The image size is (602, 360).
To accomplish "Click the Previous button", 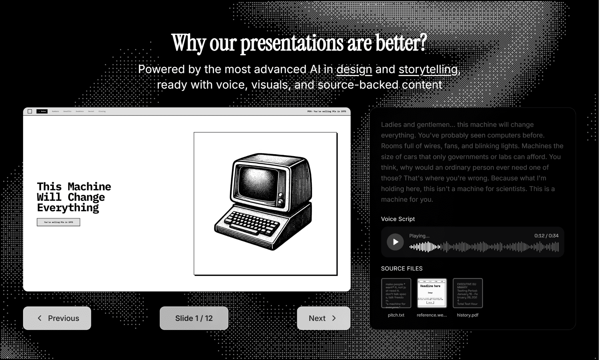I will [57, 318].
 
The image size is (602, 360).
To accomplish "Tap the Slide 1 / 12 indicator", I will [194, 318].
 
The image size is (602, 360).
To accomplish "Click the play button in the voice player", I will [395, 242].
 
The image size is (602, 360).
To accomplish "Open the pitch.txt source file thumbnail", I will [396, 293].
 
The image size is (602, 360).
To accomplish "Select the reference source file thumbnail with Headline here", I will [432, 293].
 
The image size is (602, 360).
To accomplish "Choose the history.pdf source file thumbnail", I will [467, 293].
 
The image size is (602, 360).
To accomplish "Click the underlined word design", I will [354, 69].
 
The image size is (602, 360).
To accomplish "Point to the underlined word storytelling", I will [428, 69].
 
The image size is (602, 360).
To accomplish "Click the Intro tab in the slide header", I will [42, 111].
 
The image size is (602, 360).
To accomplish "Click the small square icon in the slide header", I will [30, 111].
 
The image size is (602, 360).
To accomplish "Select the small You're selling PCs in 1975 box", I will [58, 222].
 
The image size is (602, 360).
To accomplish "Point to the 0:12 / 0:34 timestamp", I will [546, 236].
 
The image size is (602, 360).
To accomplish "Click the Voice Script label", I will [398, 219].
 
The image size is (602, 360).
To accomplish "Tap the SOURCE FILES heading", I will [402, 269].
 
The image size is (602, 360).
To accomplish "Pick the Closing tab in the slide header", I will [102, 111].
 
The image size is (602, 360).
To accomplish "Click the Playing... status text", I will [419, 236].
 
